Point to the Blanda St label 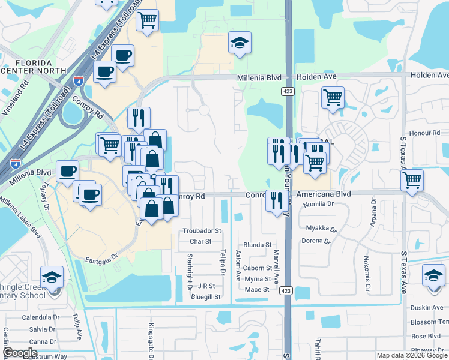[258, 245]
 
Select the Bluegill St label [206, 296]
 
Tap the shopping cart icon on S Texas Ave [412, 179]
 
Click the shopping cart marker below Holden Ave [333, 97]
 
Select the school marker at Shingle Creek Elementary [52, 277]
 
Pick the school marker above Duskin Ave [433, 275]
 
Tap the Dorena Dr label [316, 241]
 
